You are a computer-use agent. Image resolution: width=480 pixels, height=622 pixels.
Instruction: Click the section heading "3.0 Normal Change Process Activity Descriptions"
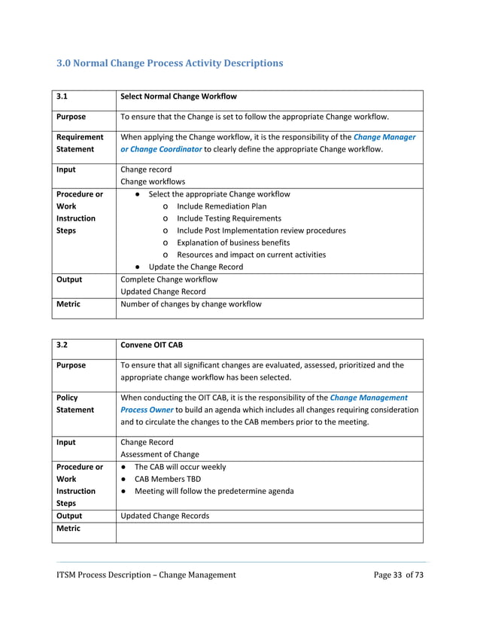[x=170, y=63]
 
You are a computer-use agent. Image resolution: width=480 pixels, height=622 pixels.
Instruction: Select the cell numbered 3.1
[x=63, y=96]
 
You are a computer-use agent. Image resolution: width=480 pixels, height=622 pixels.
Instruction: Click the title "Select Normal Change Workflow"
[x=178, y=96]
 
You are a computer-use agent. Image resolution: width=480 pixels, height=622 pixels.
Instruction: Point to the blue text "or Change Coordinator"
[x=161, y=149]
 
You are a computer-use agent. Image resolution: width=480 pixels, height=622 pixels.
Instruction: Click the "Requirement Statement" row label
[x=80, y=143]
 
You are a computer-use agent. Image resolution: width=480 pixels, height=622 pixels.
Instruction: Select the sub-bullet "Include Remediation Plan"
[x=221, y=206]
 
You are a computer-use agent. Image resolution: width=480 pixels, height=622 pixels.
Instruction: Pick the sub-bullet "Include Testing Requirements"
[x=229, y=218]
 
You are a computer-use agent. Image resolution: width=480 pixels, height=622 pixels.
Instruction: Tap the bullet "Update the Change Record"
[x=196, y=267]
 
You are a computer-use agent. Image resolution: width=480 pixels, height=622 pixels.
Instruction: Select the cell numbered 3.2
[x=63, y=345]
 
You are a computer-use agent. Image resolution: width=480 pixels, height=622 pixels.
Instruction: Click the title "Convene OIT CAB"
[x=151, y=345]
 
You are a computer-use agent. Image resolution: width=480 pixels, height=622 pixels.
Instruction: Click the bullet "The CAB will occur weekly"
[x=180, y=467]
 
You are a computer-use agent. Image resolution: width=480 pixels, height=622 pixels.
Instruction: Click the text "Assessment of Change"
[x=159, y=454]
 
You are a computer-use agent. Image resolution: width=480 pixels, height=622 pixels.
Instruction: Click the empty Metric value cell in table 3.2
[x=269, y=532]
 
